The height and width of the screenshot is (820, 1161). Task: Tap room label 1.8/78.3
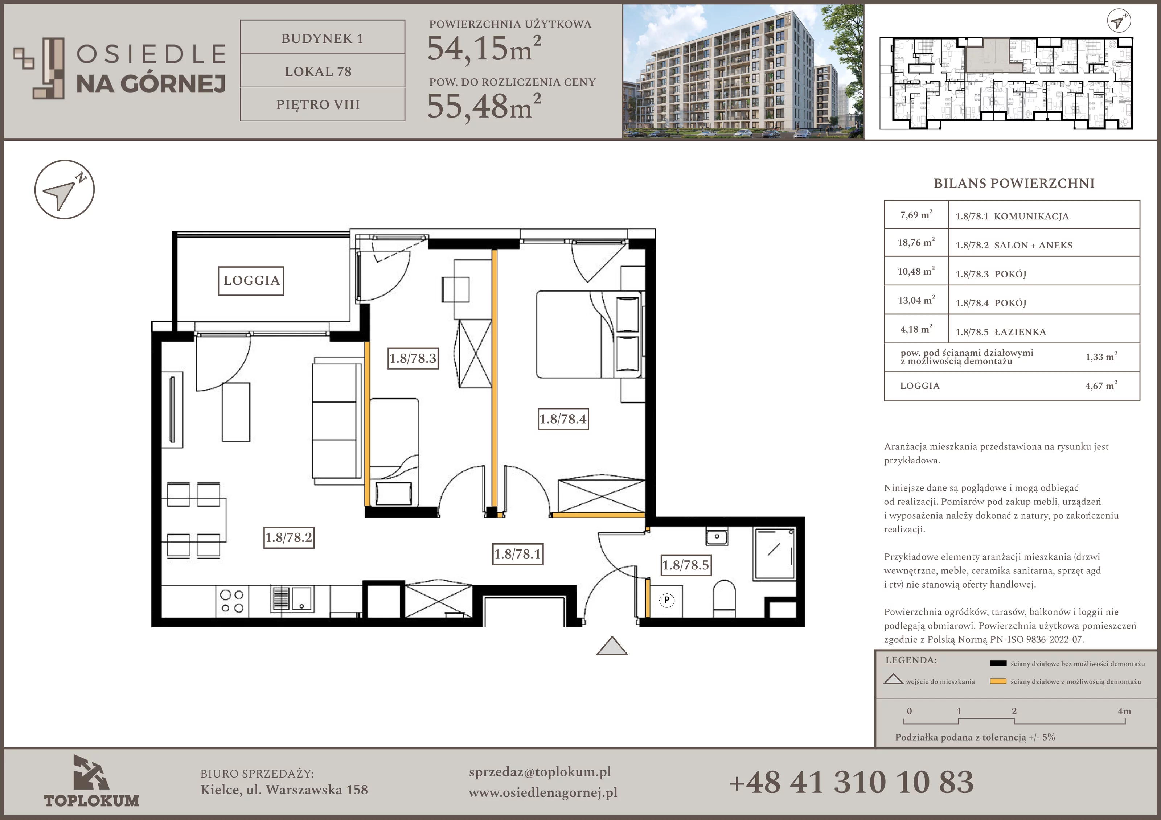click(413, 358)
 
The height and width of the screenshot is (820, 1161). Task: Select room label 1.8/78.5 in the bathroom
click(686, 565)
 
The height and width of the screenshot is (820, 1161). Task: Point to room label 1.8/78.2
click(289, 537)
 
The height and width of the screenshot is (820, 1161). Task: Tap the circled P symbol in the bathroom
click(667, 600)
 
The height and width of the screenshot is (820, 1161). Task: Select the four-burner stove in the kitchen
click(232, 601)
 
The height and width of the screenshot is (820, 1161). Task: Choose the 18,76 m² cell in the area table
click(916, 243)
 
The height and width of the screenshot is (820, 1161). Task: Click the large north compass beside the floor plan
click(65, 190)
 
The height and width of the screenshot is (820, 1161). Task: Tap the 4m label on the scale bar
click(1124, 711)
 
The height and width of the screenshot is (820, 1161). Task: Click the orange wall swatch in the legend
click(998, 681)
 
